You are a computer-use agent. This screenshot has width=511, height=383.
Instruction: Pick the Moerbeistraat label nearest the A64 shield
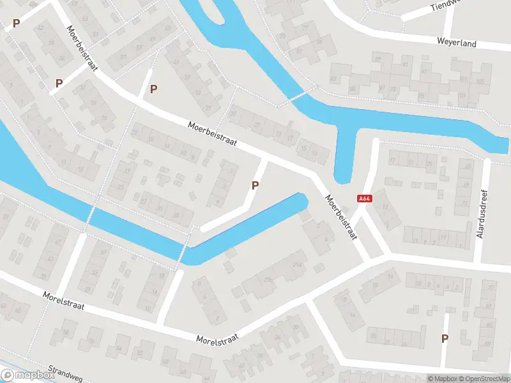[340, 217]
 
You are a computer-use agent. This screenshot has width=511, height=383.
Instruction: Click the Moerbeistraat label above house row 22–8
[213, 135]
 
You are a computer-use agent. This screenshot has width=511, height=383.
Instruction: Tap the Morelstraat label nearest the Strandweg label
[64, 303]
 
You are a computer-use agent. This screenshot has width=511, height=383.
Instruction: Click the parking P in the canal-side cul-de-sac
[256, 186]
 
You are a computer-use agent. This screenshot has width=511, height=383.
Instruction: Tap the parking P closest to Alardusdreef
[445, 338]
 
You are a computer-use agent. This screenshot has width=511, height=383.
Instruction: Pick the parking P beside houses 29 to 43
[153, 89]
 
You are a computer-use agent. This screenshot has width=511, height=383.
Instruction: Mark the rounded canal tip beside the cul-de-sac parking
[301, 202]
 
